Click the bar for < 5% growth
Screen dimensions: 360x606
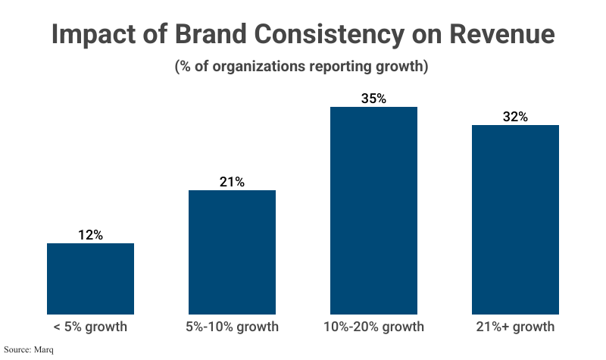point(90,278)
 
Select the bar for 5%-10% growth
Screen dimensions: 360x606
point(232,252)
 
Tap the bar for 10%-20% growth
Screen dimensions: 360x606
point(373,210)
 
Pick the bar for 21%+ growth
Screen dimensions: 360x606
point(515,219)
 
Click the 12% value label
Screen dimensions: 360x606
point(90,235)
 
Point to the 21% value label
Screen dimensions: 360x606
point(232,182)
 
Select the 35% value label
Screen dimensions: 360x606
point(373,99)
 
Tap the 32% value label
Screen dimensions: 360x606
point(515,117)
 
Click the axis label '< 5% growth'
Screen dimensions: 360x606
point(90,327)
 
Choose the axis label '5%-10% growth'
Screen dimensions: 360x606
point(232,327)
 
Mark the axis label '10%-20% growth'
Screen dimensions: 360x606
point(373,327)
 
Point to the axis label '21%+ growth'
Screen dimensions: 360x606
point(515,327)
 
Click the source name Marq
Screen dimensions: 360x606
point(44,350)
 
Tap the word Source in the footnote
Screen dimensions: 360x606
point(17,350)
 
